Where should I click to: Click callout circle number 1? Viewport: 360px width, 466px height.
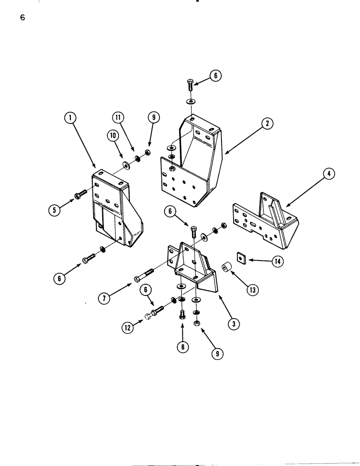pyautogui.click(x=70, y=118)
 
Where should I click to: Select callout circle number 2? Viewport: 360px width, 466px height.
pyautogui.click(x=267, y=123)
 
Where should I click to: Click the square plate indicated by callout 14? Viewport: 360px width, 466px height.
pyautogui.click(x=241, y=257)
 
